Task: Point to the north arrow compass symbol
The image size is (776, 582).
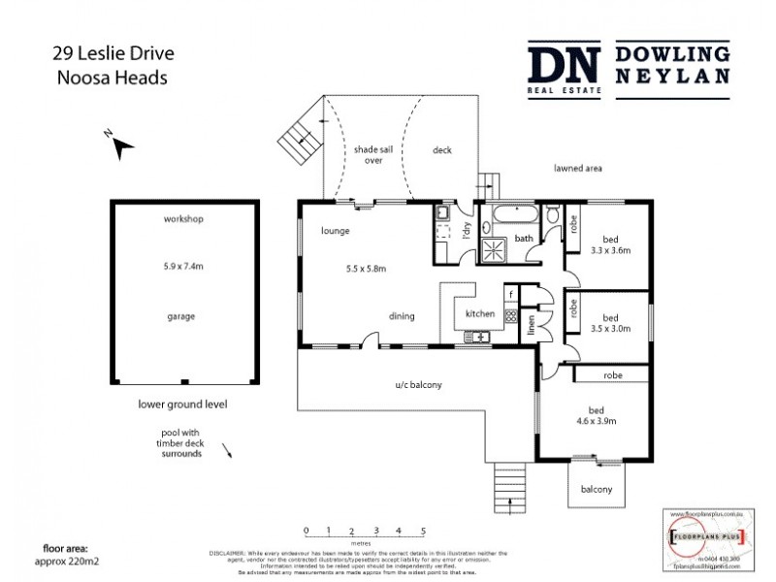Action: pyautogui.click(x=120, y=145)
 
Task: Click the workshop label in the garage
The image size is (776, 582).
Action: pyautogui.click(x=183, y=220)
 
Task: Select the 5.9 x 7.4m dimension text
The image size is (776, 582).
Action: pyautogui.click(x=183, y=265)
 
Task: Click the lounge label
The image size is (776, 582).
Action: pyautogui.click(x=335, y=232)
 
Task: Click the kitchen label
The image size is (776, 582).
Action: pyautogui.click(x=480, y=314)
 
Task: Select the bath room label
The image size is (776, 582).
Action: pyautogui.click(x=524, y=238)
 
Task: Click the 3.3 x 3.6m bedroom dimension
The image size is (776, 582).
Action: pyautogui.click(x=611, y=249)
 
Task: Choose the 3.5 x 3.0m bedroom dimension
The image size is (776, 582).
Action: pyautogui.click(x=611, y=328)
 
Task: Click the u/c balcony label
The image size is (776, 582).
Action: pyautogui.click(x=418, y=386)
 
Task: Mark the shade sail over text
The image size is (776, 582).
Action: pyautogui.click(x=368, y=155)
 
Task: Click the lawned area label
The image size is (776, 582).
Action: pyautogui.click(x=578, y=168)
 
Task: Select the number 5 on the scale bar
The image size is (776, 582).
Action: pyautogui.click(x=424, y=531)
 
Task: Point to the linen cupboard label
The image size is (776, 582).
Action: pyautogui.click(x=531, y=325)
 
